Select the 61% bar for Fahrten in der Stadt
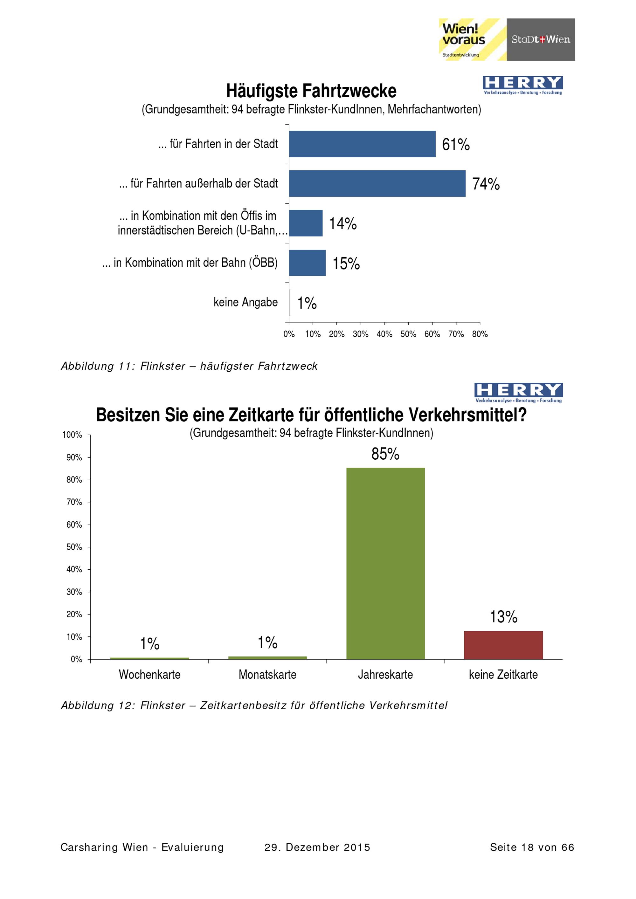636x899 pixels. (362, 144)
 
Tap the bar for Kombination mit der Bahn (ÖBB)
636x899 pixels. (307, 263)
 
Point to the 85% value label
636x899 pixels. (385, 454)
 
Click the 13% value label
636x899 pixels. (504, 617)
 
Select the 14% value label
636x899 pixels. (343, 223)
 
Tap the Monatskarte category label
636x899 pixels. (267, 674)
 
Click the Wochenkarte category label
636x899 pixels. (149, 674)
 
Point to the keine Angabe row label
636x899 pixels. (245, 302)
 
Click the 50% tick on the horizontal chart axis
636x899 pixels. (408, 334)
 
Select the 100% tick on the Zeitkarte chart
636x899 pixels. (72, 435)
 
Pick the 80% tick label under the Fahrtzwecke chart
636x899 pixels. (480, 334)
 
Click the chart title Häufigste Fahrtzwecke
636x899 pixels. (311, 91)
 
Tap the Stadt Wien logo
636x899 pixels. (541, 39)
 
